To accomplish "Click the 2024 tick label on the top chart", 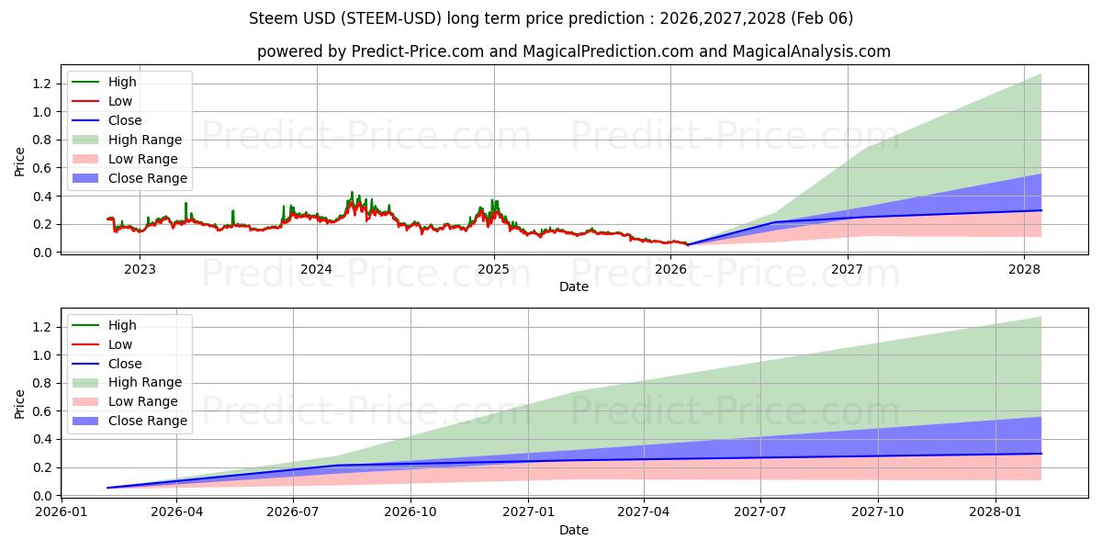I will tap(317, 269).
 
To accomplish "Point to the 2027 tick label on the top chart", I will tap(847, 269).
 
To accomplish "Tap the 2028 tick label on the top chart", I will tap(1024, 269).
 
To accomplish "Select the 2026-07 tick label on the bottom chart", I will tap(293, 512).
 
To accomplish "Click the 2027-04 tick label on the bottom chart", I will tap(644, 512).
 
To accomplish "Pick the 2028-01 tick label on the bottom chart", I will tap(995, 512).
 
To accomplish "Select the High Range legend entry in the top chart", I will tap(144, 140).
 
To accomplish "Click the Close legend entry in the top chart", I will tap(125, 120).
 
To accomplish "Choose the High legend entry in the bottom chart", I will tap(122, 325).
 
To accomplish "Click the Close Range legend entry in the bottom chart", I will tap(147, 422).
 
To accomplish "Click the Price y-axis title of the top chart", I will tap(20, 162).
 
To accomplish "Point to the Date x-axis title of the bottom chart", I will tap(574, 530).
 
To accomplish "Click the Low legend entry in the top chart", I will tap(120, 101).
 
